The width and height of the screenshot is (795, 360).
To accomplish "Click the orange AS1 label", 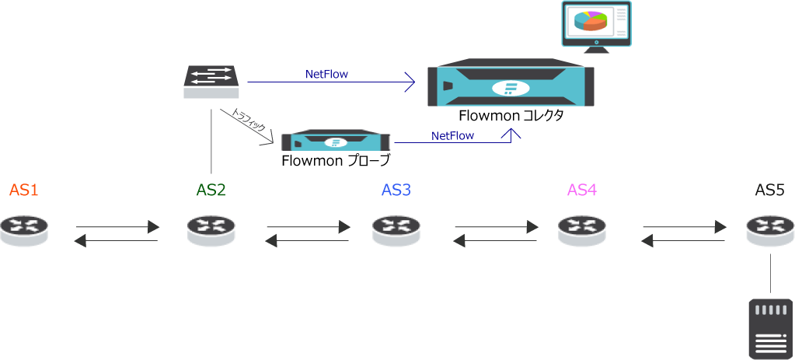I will (23, 190).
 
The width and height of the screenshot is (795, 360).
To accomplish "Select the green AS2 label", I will (211, 190).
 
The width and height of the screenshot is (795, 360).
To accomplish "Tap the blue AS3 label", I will (396, 190).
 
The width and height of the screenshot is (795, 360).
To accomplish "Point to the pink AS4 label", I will (582, 190).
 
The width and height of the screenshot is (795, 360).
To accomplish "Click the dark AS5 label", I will (769, 190).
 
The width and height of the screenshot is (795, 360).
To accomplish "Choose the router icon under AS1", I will (24, 231).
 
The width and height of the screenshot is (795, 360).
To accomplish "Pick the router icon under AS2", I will (211, 231).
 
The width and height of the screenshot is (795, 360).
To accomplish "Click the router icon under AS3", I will (396, 231).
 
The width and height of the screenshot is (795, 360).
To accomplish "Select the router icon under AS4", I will (582, 231).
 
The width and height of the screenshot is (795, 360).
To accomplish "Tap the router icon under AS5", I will (769, 231).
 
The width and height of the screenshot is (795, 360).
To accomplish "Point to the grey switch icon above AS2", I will (211, 82).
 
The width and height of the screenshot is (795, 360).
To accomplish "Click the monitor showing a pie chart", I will (596, 26).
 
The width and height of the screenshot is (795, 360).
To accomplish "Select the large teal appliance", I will (511, 83).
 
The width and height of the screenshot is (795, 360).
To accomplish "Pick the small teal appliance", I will (336, 142).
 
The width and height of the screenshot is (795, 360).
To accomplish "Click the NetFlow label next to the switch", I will (326, 75).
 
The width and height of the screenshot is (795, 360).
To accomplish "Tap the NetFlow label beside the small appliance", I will (452, 135).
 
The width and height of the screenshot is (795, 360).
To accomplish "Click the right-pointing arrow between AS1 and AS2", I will (118, 227).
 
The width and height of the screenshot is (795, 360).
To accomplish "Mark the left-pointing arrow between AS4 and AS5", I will (682, 241).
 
